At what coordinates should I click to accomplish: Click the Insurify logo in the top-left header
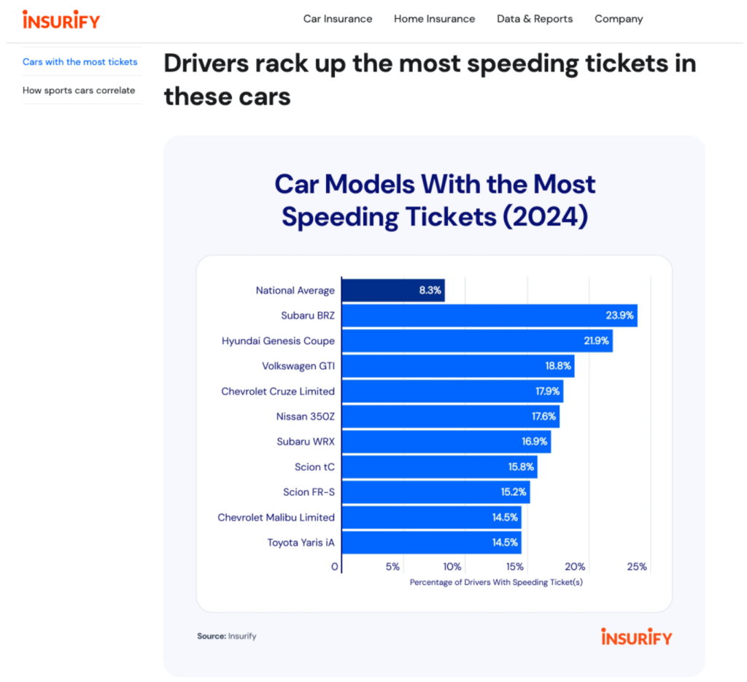61,20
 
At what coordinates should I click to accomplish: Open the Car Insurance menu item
338,19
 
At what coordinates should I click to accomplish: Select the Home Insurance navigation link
434,19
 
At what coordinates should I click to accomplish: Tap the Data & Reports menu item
535,19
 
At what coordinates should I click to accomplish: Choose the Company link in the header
619,19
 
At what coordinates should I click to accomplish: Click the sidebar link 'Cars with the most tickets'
80,62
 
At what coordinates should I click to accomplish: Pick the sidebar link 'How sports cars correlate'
79,91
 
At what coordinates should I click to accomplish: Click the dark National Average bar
392,291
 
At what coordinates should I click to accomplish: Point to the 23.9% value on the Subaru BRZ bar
621,316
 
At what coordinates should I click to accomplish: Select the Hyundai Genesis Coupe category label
278,341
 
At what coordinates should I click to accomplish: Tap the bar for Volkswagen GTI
457,367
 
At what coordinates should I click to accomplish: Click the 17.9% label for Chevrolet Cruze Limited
547,391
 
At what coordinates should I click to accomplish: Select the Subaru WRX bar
446,442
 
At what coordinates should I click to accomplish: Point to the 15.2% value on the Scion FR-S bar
514,492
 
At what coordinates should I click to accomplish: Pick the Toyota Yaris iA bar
431,543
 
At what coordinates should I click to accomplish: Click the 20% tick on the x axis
575,567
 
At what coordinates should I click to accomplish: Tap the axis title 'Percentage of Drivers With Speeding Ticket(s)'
496,582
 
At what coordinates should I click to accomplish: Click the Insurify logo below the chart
636,637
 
